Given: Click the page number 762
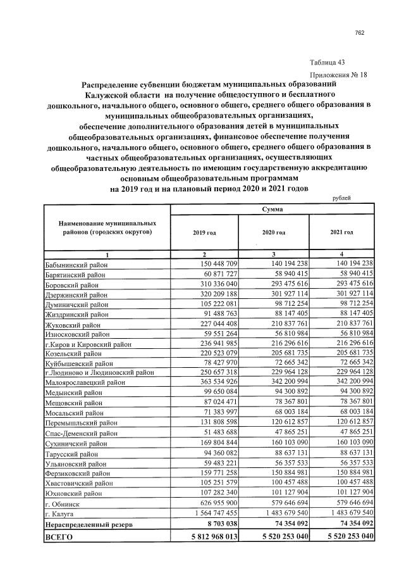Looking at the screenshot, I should (x=360, y=32).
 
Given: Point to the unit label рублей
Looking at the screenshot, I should (x=341, y=198).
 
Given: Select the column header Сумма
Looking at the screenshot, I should (x=274, y=208).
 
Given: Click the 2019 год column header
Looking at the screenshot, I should (x=204, y=233).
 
